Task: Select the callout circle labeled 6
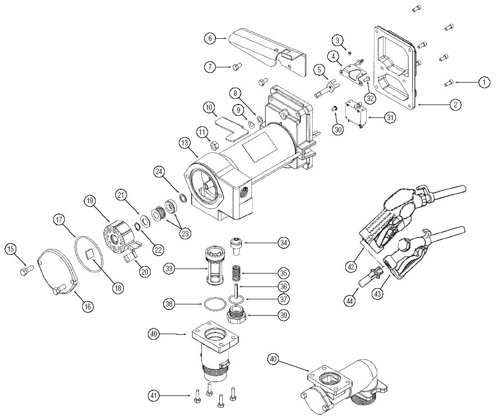[x=209, y=38]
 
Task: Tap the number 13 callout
[x=186, y=144]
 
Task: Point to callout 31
[x=390, y=117]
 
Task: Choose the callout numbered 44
[x=350, y=301]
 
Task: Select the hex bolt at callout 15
[x=22, y=272]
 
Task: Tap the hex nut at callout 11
[x=214, y=145]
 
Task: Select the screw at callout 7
[x=236, y=67]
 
